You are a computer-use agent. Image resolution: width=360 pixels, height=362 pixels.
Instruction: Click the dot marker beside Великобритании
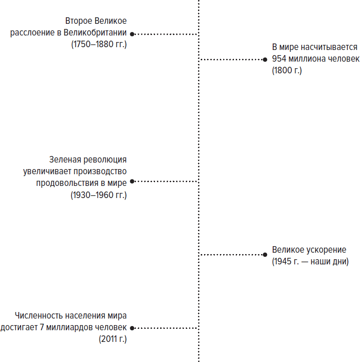pos(132,34)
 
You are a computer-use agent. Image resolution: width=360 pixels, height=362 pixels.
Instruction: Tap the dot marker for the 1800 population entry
pos(265,60)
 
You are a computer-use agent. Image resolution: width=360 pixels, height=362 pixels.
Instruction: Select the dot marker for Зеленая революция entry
pos(132,181)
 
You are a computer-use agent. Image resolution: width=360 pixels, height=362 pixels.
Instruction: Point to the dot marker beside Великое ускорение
pos(265,255)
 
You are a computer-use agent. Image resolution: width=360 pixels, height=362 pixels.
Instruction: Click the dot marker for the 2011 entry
pos(132,328)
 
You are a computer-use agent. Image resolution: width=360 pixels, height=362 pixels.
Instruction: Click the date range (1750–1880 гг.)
pos(99,44)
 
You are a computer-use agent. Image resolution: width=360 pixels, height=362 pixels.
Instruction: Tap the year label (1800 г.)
pos(287,70)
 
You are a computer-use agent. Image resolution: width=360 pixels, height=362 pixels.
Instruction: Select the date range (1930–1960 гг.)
pos(99,195)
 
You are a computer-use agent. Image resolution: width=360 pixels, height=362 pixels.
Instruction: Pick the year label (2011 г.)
pos(113,339)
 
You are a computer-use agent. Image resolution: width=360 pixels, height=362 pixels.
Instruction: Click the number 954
pos(279,59)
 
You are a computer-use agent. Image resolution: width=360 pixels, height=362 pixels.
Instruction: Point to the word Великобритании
pos(95,33)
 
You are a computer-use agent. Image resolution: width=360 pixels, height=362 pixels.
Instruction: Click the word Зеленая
pos(65,160)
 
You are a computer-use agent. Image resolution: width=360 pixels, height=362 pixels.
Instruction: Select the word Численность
pos(39,316)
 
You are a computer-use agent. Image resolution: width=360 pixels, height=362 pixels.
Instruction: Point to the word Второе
pos(79,21)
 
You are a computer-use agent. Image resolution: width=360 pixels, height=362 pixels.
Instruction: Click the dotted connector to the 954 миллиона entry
pos(231,60)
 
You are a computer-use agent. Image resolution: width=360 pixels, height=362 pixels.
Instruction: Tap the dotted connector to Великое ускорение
pos(231,255)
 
